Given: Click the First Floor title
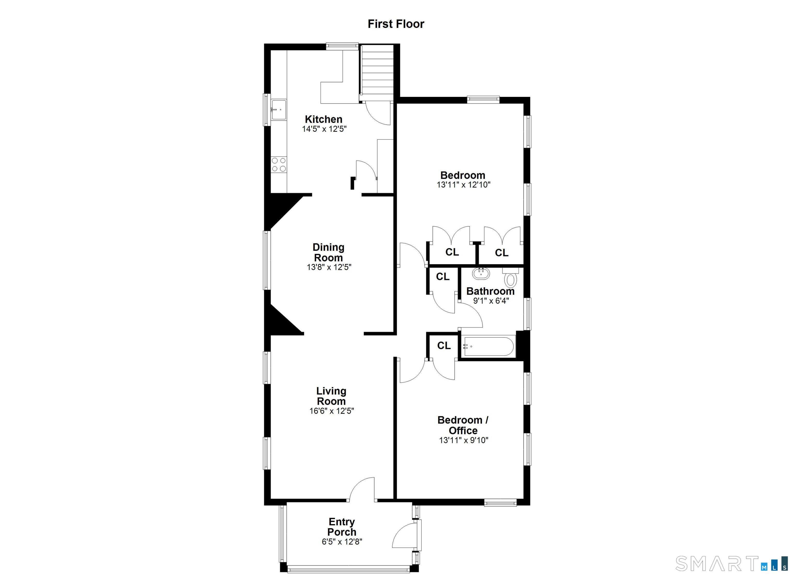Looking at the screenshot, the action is [x=396, y=24].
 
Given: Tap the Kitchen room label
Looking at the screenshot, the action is [x=324, y=119].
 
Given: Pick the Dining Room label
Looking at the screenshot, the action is [x=329, y=252].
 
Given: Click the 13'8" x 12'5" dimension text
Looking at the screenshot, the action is [x=329, y=267].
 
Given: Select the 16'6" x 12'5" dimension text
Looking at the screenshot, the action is [x=332, y=411].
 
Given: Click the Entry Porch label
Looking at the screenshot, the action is [x=342, y=527].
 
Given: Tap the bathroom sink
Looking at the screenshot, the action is [x=481, y=273].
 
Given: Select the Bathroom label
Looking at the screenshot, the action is [x=491, y=291].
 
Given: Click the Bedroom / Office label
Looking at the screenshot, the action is [x=463, y=425].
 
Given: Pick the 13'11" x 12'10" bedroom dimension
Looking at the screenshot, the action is [x=463, y=185].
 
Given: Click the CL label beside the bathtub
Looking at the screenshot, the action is [x=444, y=346].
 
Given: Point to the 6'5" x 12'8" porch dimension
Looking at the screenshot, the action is [x=342, y=542].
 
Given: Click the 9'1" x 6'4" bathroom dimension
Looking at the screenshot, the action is [x=491, y=301].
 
